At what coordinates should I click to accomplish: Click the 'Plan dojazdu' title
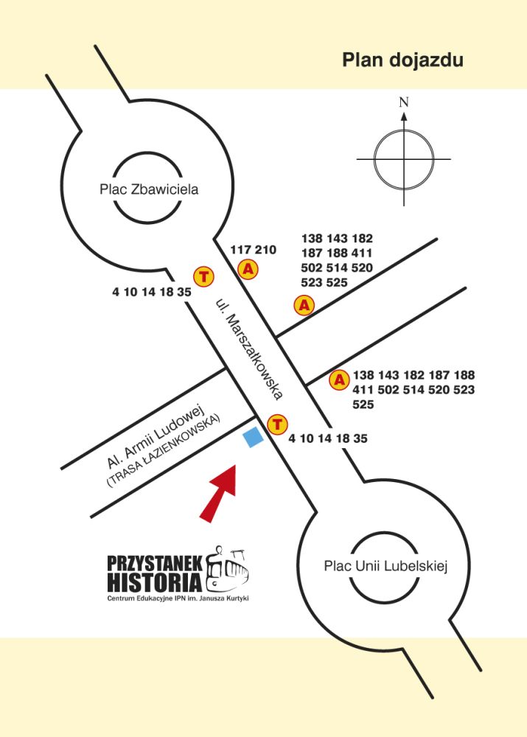[402, 60]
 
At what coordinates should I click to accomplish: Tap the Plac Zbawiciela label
[149, 189]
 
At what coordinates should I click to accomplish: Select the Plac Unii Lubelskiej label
[386, 566]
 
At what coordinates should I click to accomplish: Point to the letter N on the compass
[404, 103]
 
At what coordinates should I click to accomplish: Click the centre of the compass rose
[404, 158]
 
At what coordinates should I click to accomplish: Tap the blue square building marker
[253, 438]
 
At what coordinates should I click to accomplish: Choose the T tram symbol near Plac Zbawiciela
[203, 277]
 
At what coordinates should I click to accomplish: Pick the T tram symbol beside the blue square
[276, 424]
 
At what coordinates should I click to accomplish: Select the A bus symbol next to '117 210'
[249, 270]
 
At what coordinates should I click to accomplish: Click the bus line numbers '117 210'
[253, 250]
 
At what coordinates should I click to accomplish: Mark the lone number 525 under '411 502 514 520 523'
[363, 405]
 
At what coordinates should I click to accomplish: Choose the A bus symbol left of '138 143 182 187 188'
[339, 380]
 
